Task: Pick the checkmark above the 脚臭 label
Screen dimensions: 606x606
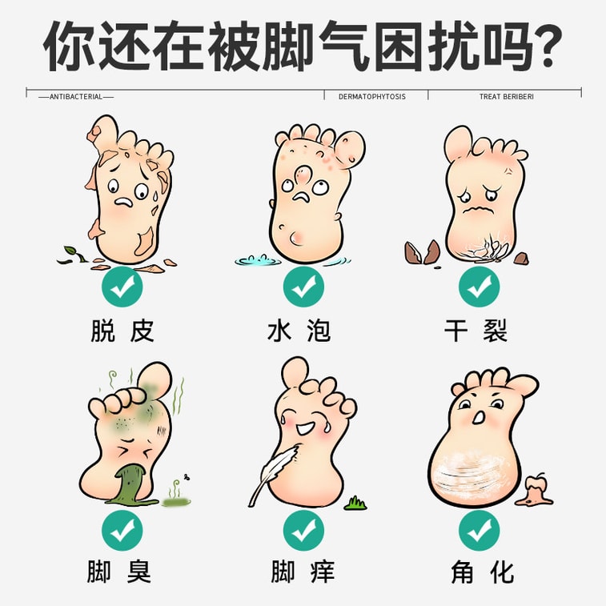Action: click(x=122, y=530)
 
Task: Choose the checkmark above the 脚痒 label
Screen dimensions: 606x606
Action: click(x=303, y=530)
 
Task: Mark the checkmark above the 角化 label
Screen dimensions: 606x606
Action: click(x=479, y=530)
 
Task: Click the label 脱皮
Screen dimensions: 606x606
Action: click(x=122, y=331)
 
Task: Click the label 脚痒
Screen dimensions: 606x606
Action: click(x=302, y=572)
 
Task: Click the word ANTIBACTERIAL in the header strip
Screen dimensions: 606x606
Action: click(x=76, y=97)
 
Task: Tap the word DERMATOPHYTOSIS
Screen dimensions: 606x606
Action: click(x=372, y=97)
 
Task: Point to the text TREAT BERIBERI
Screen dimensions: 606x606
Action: click(x=507, y=97)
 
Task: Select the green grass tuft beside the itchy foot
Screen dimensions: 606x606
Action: click(x=355, y=503)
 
